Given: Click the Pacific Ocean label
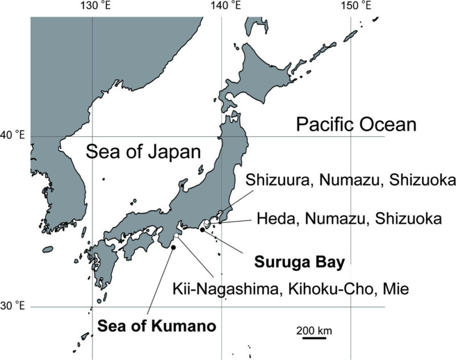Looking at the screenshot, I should pos(356,124).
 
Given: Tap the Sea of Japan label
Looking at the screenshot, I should pos(143,152).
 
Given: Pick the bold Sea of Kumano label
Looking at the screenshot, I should pos(156,327).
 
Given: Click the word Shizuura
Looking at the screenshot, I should pos(274,181).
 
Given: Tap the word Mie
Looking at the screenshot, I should pos(397,289).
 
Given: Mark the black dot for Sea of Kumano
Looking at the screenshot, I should pos(173,247).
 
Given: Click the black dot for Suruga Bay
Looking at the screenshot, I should pos(202,230).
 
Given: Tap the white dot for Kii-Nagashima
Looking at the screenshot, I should pos(178,235).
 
